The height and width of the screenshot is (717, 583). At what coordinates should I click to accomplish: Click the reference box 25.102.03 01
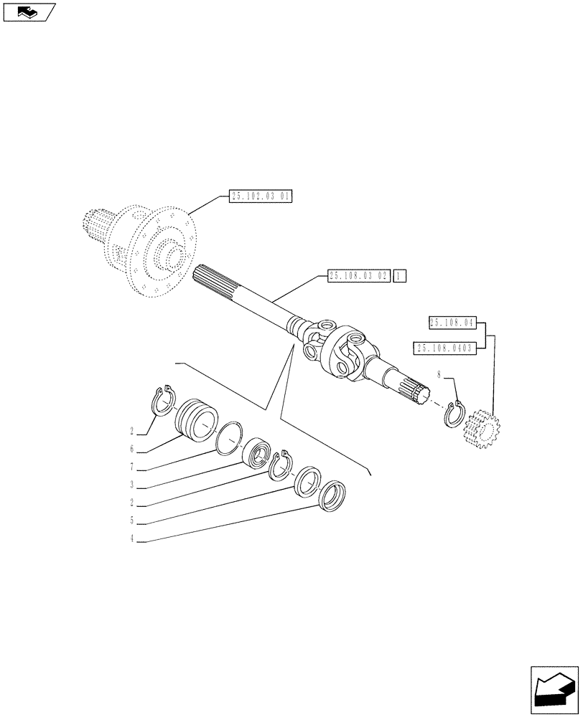point(260,196)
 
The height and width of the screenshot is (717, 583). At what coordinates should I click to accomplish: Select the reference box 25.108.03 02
point(358,275)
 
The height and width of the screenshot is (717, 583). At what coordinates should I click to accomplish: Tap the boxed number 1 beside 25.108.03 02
point(400,275)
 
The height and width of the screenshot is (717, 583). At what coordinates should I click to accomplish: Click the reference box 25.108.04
point(453,323)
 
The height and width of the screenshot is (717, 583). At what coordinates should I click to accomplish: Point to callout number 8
point(439,373)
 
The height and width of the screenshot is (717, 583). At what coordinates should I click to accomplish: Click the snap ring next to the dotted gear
point(455,414)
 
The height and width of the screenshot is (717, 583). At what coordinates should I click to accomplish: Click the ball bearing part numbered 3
point(256,453)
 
